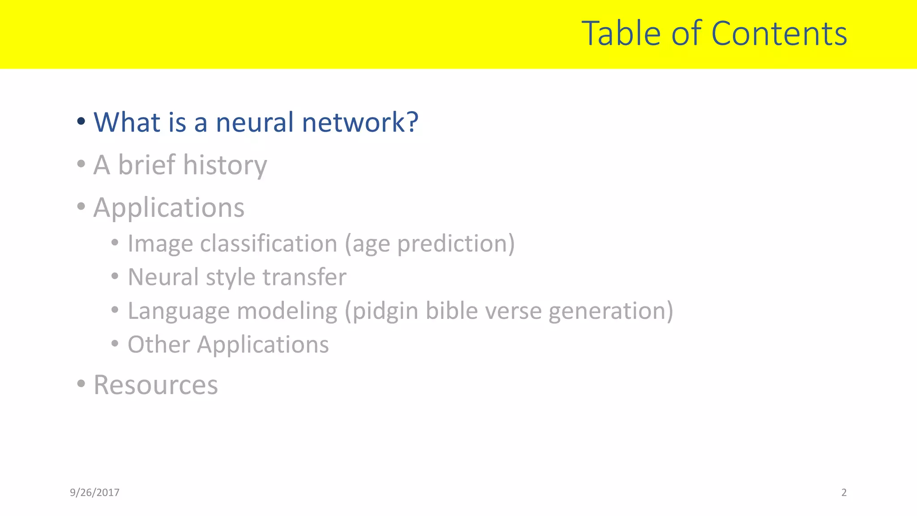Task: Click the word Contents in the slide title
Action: (779, 34)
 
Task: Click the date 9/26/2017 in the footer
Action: (94, 493)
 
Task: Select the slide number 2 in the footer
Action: (844, 493)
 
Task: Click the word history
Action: (225, 165)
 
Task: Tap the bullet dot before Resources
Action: (81, 383)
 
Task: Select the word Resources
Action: (155, 385)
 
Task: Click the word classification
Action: (268, 244)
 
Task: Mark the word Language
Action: (178, 311)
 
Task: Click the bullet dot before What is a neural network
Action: (81, 121)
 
